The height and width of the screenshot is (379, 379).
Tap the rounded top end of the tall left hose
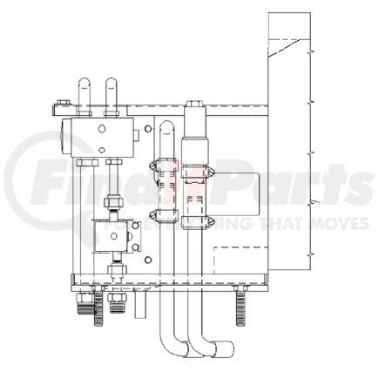[165, 131]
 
